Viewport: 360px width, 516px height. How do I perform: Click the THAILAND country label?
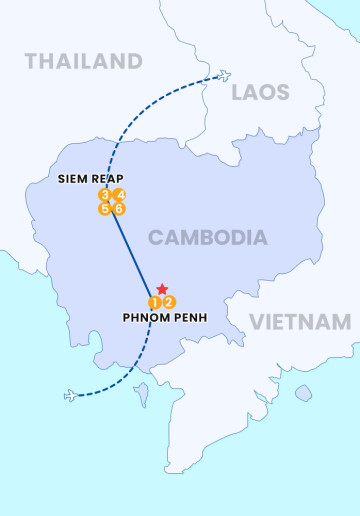pos(84,62)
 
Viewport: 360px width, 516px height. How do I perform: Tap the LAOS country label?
pos(260,93)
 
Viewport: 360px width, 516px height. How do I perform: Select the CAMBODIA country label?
pos(208,237)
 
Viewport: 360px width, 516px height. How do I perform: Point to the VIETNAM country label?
pos(300,322)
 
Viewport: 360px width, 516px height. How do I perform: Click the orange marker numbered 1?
pos(155,302)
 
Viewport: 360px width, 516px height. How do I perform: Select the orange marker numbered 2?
pos(169,302)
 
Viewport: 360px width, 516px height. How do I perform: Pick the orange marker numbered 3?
pos(105,195)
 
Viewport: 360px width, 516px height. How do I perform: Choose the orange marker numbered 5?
pos(105,209)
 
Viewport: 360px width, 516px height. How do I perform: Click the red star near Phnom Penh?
pos(162,289)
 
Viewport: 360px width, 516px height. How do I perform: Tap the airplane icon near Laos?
pos(224,76)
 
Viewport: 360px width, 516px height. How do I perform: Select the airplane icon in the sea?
pos(70,396)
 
